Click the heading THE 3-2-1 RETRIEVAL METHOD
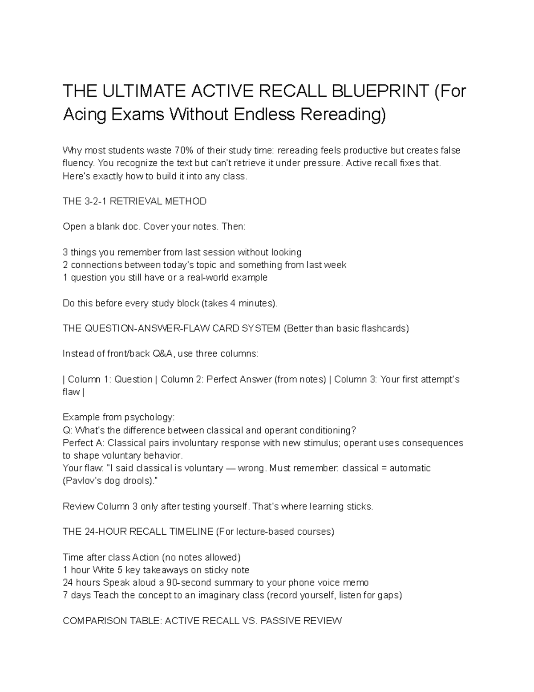135,201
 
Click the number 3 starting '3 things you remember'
65,252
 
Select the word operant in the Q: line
280,430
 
